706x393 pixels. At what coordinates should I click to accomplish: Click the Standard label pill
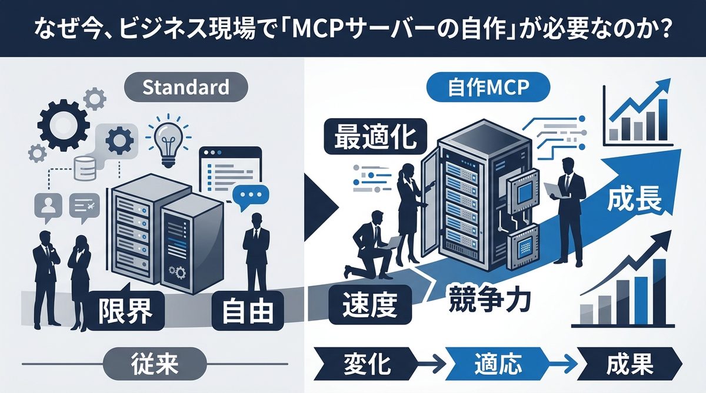click(186, 88)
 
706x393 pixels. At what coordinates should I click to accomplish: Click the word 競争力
click(489, 298)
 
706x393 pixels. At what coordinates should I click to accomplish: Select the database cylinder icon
click(86, 170)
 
